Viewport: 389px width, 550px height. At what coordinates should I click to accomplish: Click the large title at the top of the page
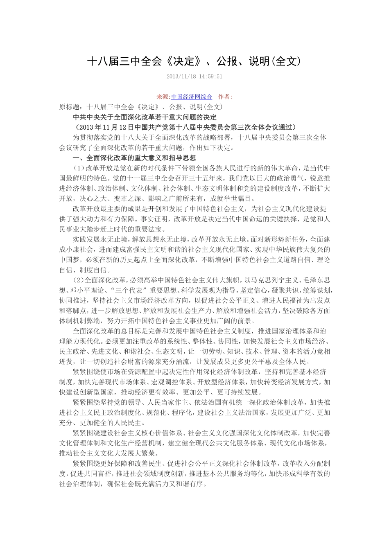click(x=194, y=61)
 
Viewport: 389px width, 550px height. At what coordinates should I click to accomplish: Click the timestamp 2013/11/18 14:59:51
click(x=194, y=77)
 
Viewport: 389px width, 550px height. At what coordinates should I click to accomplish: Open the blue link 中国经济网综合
click(x=192, y=97)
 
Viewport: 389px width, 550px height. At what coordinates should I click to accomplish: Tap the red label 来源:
click(x=164, y=97)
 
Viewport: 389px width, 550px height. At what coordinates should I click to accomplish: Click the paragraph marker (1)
click(x=79, y=168)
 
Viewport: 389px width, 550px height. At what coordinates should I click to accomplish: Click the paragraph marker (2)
click(x=79, y=280)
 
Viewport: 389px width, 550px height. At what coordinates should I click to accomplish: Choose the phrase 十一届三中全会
click(x=148, y=178)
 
